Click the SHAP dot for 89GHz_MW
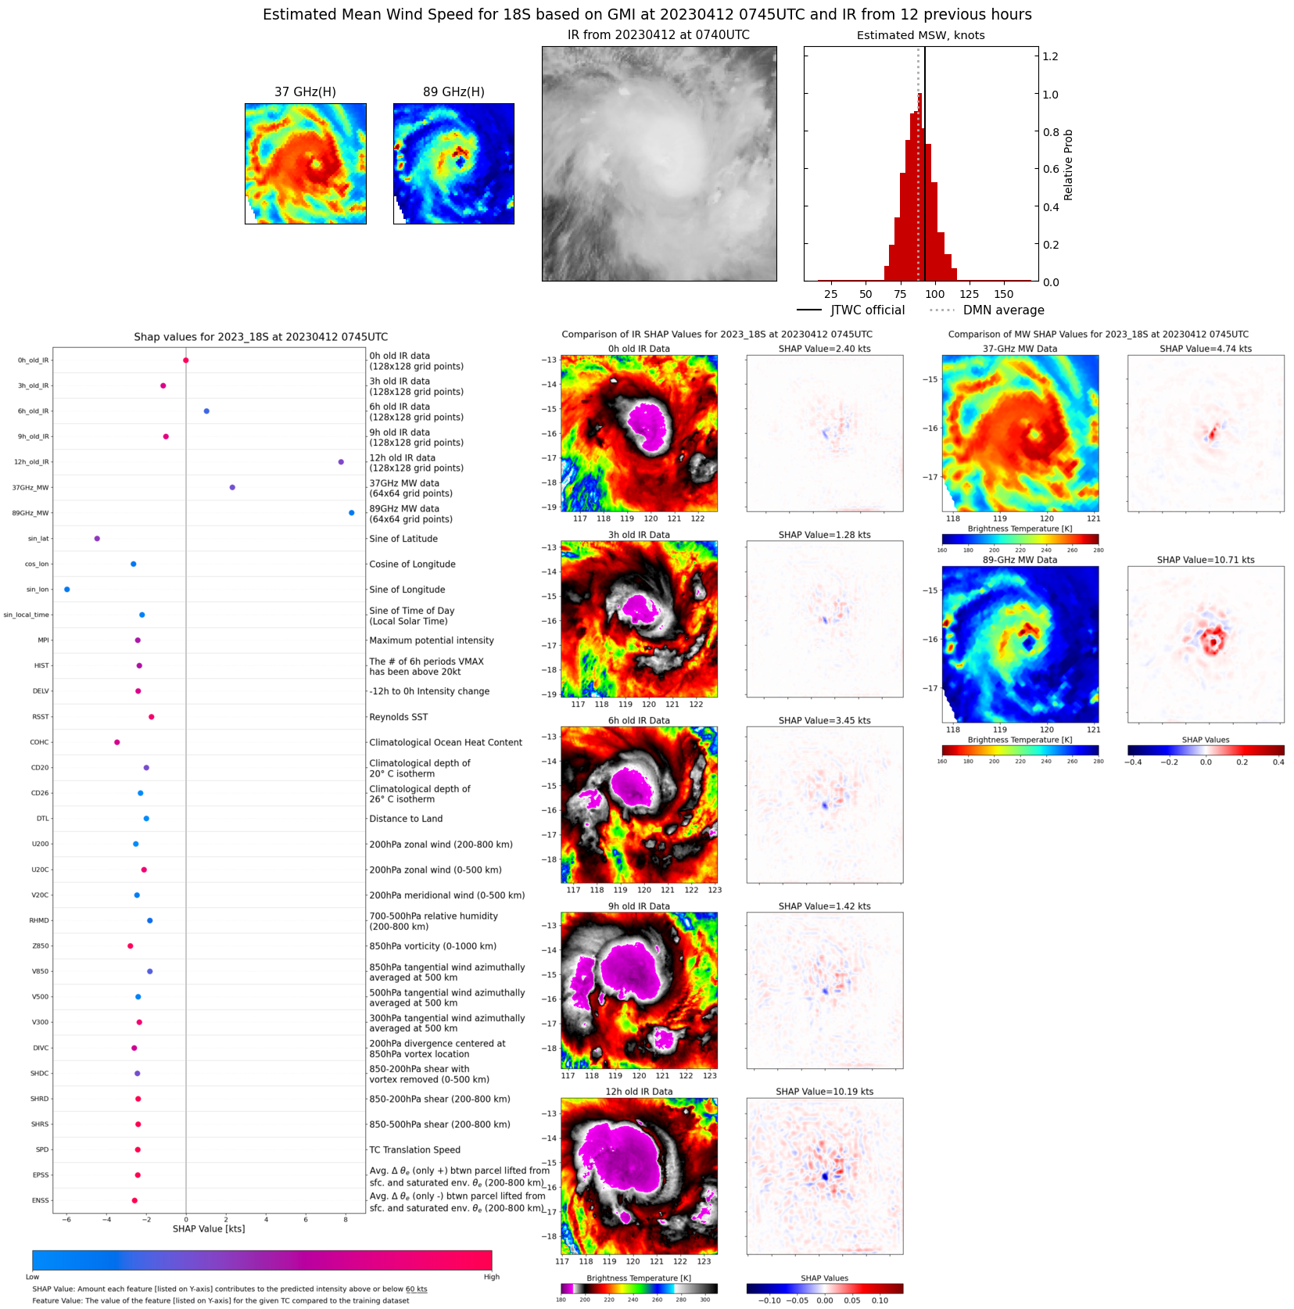click(x=351, y=513)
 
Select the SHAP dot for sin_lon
click(x=66, y=590)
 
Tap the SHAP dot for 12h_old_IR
click(x=341, y=462)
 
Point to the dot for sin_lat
click(x=97, y=539)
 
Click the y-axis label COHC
click(x=39, y=742)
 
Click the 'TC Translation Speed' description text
click(x=414, y=1149)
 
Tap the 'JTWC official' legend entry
click(x=867, y=310)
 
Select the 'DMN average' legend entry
click(x=1003, y=310)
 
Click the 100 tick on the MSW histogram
click(x=934, y=294)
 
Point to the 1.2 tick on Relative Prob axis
click(x=1050, y=56)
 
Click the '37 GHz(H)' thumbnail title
click(x=305, y=92)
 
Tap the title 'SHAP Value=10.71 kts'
click(x=1205, y=560)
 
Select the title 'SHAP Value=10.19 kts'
click(x=824, y=1092)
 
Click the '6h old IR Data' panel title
click(x=639, y=721)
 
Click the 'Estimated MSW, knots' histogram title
click(x=920, y=35)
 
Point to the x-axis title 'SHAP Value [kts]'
click(x=209, y=1228)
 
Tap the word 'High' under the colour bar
click(x=491, y=1277)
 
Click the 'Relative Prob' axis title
click(x=1068, y=165)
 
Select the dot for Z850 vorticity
click(x=131, y=946)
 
